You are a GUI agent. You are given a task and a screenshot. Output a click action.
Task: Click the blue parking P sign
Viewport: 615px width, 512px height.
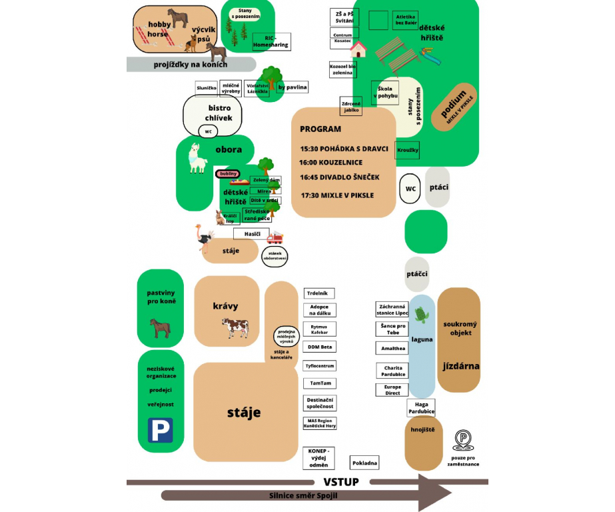(160, 430)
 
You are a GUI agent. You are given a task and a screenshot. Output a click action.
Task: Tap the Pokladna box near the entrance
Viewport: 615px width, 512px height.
(365, 463)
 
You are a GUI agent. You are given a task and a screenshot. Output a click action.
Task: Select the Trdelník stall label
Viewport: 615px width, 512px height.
(320, 293)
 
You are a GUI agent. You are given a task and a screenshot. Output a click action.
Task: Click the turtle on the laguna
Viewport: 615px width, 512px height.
(420, 314)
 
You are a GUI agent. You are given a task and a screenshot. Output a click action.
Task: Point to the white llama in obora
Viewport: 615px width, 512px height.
(197, 159)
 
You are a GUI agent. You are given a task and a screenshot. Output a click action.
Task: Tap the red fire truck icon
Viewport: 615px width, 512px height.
(275, 237)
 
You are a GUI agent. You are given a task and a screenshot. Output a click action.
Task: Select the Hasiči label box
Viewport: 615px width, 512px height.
(252, 234)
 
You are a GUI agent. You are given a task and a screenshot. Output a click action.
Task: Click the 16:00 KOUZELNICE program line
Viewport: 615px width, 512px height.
(331, 163)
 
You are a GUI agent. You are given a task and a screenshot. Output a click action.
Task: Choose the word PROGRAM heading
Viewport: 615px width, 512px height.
(320, 129)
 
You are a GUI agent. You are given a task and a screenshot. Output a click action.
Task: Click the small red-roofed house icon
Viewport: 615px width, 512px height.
(359, 49)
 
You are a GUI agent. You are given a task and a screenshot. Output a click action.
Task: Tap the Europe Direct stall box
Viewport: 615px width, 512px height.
(392, 390)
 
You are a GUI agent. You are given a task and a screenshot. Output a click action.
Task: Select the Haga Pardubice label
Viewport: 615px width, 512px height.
(421, 408)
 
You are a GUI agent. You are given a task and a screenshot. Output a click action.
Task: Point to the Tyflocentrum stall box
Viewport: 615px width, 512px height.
(320, 366)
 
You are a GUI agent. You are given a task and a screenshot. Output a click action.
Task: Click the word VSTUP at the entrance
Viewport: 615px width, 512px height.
(341, 482)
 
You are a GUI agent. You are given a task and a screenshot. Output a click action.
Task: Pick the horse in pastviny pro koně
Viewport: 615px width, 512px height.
(160, 327)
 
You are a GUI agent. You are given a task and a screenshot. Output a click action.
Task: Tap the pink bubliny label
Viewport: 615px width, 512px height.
(229, 174)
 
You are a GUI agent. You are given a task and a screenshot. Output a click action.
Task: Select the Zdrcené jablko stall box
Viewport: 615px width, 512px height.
(351, 107)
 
